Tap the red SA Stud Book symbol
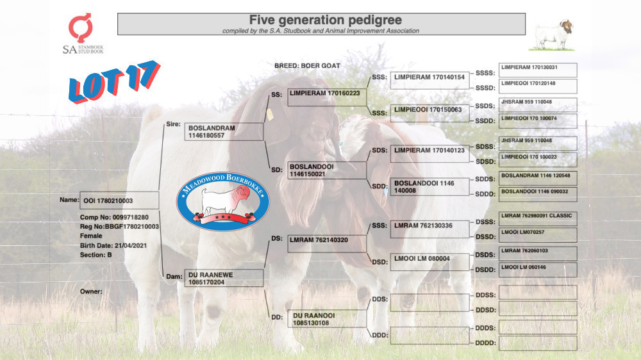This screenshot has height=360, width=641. click(x=80, y=28)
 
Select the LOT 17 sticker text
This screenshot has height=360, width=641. click(x=114, y=81)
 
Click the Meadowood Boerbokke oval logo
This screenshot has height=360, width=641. click(x=223, y=200)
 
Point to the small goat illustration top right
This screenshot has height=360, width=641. click(x=552, y=35)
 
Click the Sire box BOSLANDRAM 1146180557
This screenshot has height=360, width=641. click(x=224, y=131)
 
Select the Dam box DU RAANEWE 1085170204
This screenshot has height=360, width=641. click(x=224, y=278)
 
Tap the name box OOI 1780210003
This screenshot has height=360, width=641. click(x=119, y=200)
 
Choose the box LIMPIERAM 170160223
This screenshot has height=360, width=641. click(x=327, y=97)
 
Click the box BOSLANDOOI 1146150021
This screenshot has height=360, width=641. click(x=327, y=170)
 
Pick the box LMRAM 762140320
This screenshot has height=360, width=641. click(x=327, y=244)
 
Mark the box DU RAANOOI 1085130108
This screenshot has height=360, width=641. click(x=327, y=319)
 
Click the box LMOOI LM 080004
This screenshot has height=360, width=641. click(x=429, y=262)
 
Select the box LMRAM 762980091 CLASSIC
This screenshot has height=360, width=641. click(x=538, y=218)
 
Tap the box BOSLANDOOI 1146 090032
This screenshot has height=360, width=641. click(x=538, y=195)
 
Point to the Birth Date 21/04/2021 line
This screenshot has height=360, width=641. click(x=113, y=245)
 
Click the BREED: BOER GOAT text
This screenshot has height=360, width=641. click(x=307, y=65)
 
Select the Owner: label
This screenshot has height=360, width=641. click(x=91, y=291)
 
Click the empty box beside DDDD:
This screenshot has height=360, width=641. click(x=538, y=343)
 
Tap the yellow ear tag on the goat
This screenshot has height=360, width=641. click(x=270, y=114)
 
